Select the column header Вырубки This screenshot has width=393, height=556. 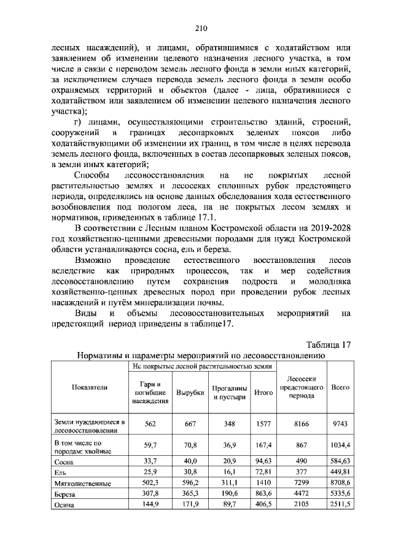point(190,393)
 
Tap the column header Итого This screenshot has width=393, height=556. point(263,393)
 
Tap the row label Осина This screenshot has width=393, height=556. point(64,505)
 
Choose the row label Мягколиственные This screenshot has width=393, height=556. point(82,483)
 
